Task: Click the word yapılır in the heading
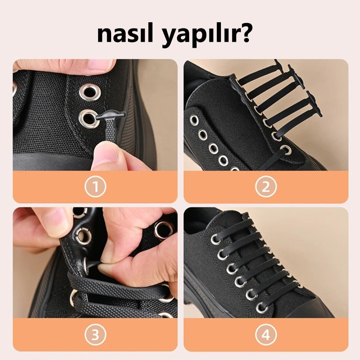click(x=200, y=36)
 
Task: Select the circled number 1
click(x=95, y=187)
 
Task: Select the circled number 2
click(x=266, y=187)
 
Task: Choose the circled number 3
click(x=95, y=335)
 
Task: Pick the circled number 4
click(x=266, y=335)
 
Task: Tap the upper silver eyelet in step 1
click(x=90, y=92)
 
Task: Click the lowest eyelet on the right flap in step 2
click(x=286, y=150)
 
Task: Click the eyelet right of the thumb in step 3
click(x=163, y=230)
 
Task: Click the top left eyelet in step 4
click(x=215, y=240)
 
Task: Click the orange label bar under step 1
click(x=95, y=187)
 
